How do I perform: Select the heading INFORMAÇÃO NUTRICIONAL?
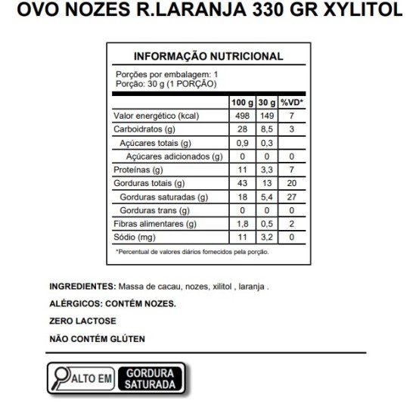coord(208,57)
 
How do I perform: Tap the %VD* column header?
coord(291,102)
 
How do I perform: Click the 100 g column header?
coord(241,102)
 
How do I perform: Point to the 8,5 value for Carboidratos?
coord(265,129)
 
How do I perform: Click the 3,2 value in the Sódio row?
coord(265,237)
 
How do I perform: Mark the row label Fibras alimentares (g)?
coord(154,224)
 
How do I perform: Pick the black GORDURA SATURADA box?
coord(151,379)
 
